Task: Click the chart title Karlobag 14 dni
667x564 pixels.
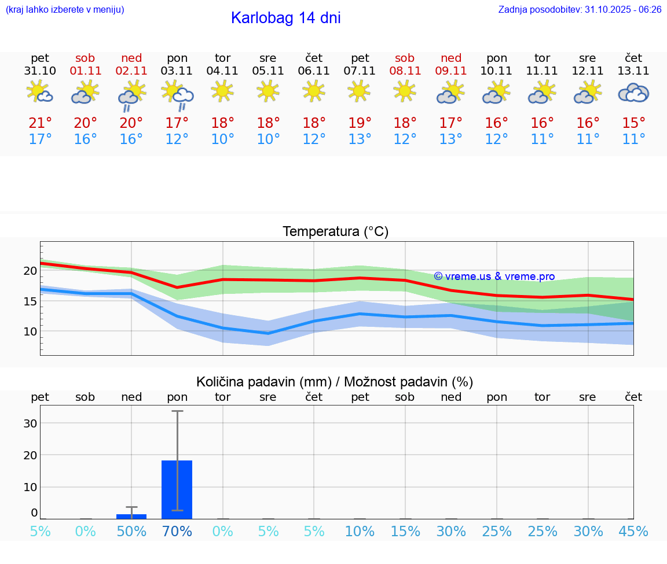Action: [285, 18]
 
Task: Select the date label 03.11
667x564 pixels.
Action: [177, 71]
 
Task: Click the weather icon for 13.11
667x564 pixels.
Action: [633, 93]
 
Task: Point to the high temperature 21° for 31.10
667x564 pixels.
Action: [40, 123]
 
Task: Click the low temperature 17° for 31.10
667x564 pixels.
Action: [40, 139]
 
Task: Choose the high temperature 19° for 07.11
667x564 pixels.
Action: [360, 123]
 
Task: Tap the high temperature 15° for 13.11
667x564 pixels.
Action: [633, 123]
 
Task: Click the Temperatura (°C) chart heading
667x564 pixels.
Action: [335, 232]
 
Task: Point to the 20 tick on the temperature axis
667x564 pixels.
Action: [30, 271]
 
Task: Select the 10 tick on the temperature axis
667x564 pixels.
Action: [30, 331]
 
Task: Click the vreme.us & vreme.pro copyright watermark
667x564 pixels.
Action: [494, 277]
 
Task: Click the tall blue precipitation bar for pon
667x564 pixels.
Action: [177, 489]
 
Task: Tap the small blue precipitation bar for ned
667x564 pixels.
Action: [131, 516]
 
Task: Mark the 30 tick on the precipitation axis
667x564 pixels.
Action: [30, 423]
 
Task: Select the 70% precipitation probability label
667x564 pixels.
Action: [177, 532]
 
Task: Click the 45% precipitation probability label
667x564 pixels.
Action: [633, 532]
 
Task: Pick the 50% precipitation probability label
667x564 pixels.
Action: [131, 532]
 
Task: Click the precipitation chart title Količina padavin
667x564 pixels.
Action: [335, 382]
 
